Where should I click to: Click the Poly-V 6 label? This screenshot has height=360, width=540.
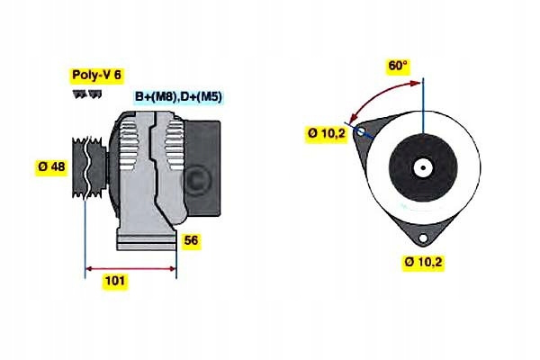click(97, 75)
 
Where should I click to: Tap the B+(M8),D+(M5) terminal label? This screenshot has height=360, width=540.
click(178, 97)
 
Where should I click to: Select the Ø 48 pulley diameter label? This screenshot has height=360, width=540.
click(51, 166)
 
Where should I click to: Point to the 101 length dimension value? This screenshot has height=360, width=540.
click(115, 281)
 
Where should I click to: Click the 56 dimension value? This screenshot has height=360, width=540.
click(191, 240)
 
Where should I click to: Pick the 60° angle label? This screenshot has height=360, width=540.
click(398, 66)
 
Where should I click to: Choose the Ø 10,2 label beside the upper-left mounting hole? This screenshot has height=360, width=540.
click(327, 133)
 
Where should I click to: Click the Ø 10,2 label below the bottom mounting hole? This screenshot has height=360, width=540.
click(423, 262)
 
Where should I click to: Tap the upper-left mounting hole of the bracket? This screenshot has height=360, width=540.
click(361, 131)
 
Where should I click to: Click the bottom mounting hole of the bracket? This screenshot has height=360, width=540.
click(423, 238)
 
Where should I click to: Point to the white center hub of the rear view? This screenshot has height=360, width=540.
click(423, 168)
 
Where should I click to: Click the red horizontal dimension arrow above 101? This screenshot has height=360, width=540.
click(130, 268)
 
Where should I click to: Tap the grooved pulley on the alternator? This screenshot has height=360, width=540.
click(89, 167)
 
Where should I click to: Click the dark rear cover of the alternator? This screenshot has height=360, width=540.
click(203, 168)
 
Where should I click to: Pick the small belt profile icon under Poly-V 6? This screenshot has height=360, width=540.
click(87, 94)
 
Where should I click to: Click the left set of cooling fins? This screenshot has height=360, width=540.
click(128, 145)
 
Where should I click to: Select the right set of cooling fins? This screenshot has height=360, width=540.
click(175, 145)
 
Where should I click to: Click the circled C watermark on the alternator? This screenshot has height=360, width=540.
click(195, 180)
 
